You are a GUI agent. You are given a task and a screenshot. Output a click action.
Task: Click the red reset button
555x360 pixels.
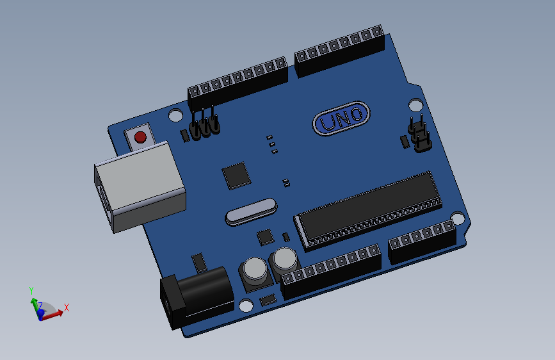click(x=140, y=136)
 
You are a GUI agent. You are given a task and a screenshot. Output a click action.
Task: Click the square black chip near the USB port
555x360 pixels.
click(x=236, y=175)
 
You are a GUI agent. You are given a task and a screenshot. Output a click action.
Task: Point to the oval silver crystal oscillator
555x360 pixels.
click(x=250, y=211)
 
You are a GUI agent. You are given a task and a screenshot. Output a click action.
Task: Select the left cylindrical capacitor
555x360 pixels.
click(x=253, y=271)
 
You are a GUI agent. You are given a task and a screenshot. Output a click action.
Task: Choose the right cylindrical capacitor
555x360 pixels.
click(x=284, y=261)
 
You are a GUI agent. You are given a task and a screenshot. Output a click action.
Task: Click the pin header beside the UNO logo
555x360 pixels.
click(x=419, y=135)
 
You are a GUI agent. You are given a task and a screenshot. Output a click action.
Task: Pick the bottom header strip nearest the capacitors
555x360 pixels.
click(x=331, y=269)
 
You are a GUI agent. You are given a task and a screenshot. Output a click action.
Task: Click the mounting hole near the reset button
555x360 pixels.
click(x=175, y=116)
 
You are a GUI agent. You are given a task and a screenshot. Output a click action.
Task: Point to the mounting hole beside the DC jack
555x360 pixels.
click(x=246, y=306)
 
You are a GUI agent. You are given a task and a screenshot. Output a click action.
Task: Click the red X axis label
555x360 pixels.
click(x=67, y=308)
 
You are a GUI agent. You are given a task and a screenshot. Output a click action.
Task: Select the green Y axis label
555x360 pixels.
click(x=31, y=290)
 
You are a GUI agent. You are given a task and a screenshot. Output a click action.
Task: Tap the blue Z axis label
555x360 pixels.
click(x=40, y=306)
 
